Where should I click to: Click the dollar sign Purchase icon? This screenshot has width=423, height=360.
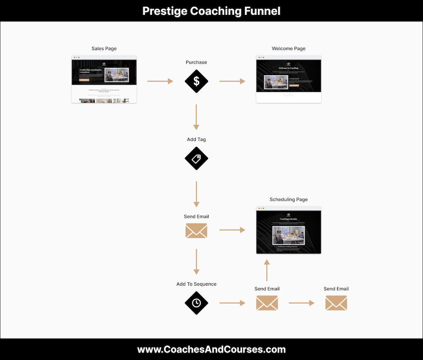196,81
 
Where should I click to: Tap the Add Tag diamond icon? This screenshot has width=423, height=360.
196,158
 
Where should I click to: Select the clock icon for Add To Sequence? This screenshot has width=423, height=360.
196,303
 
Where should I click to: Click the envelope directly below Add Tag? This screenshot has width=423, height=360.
196,231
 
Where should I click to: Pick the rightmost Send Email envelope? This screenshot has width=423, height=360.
336,303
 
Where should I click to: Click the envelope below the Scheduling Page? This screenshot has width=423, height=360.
267,303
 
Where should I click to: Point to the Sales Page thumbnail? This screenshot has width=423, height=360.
104,79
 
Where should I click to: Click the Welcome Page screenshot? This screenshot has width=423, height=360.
288,79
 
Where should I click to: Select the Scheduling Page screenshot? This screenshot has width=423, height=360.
288,230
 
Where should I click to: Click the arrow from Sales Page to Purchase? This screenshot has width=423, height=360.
160,81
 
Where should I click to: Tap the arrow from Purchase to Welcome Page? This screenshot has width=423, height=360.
232,81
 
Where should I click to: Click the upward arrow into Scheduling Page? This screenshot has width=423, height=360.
267,270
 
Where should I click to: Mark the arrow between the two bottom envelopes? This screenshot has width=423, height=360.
302,303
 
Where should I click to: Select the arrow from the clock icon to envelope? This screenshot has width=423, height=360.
232,303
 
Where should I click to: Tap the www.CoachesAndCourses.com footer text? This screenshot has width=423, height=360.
211,350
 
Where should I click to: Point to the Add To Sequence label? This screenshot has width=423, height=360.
196,284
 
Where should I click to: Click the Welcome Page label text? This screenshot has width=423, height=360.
288,48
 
